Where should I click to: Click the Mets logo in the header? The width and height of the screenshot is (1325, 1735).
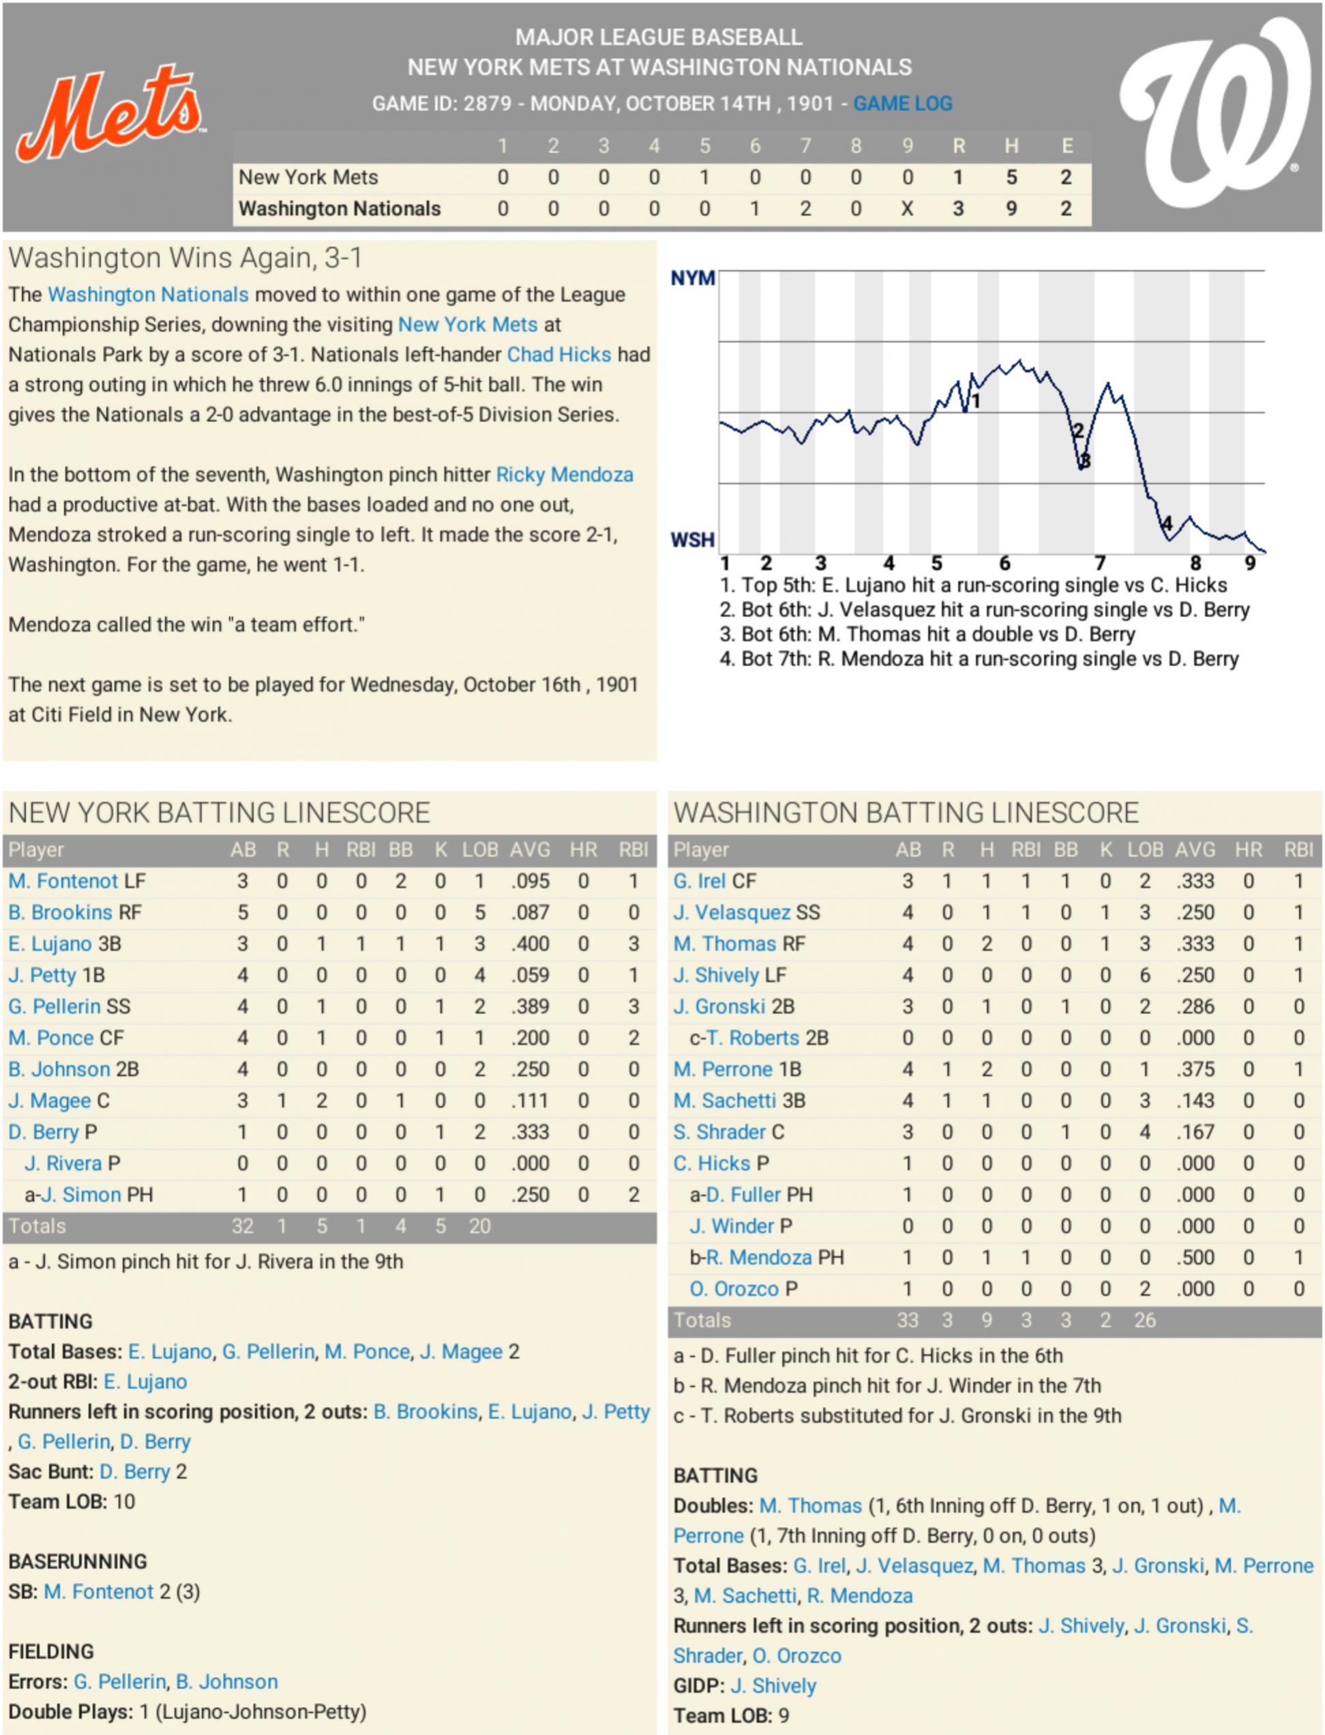[110, 112]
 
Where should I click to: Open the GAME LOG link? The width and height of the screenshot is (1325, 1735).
[902, 103]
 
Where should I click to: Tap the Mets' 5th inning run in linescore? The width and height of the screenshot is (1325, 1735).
[704, 177]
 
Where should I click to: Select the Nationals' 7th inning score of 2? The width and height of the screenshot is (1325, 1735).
[805, 209]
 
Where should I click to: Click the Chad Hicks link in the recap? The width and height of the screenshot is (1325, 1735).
[559, 354]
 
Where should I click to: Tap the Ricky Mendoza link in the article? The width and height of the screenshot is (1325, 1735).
[564, 474]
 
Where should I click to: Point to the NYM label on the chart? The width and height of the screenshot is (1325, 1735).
[692, 278]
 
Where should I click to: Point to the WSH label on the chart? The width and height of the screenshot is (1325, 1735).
[692, 540]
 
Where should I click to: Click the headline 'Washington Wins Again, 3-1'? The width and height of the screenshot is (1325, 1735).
[185, 258]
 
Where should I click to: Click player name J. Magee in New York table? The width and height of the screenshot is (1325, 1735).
[50, 1100]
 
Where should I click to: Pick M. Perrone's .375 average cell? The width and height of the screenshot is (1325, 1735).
[1195, 1069]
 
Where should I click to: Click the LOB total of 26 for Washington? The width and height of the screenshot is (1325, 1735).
[1144, 1321]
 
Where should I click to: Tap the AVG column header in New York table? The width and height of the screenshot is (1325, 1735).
[530, 849]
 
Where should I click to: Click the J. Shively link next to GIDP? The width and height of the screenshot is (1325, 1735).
[773, 1686]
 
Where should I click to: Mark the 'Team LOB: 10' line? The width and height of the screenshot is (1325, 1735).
[72, 1502]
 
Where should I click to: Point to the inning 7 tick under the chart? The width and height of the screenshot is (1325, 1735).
[1099, 564]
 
